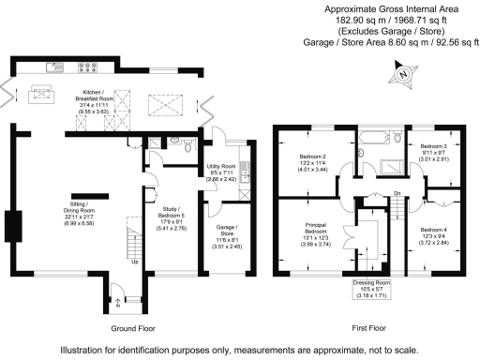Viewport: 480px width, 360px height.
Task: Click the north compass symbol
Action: coord(403,74)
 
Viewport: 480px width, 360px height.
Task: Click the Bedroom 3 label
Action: coord(433,153)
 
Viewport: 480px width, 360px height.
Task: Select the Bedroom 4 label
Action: coord(434,236)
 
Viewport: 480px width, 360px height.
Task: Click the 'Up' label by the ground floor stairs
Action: coord(134,262)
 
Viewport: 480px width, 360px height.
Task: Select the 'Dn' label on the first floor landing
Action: coord(397,194)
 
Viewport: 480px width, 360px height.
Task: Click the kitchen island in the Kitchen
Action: coord(41,93)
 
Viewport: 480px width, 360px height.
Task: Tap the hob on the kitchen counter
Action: coord(94,67)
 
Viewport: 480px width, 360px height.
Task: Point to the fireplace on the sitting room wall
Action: coord(11,228)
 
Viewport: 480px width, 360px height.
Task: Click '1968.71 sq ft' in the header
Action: coord(416,19)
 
